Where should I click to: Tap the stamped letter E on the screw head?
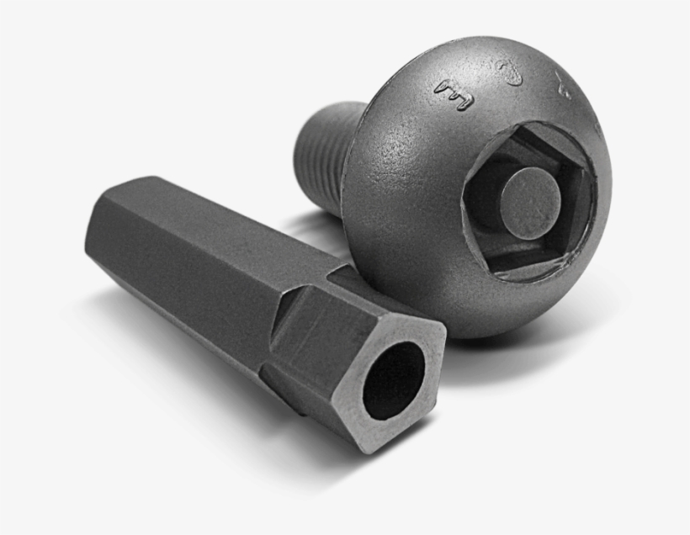[x=454, y=94]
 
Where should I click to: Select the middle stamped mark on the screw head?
[x=509, y=74]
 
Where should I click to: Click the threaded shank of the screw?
[x=324, y=151]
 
